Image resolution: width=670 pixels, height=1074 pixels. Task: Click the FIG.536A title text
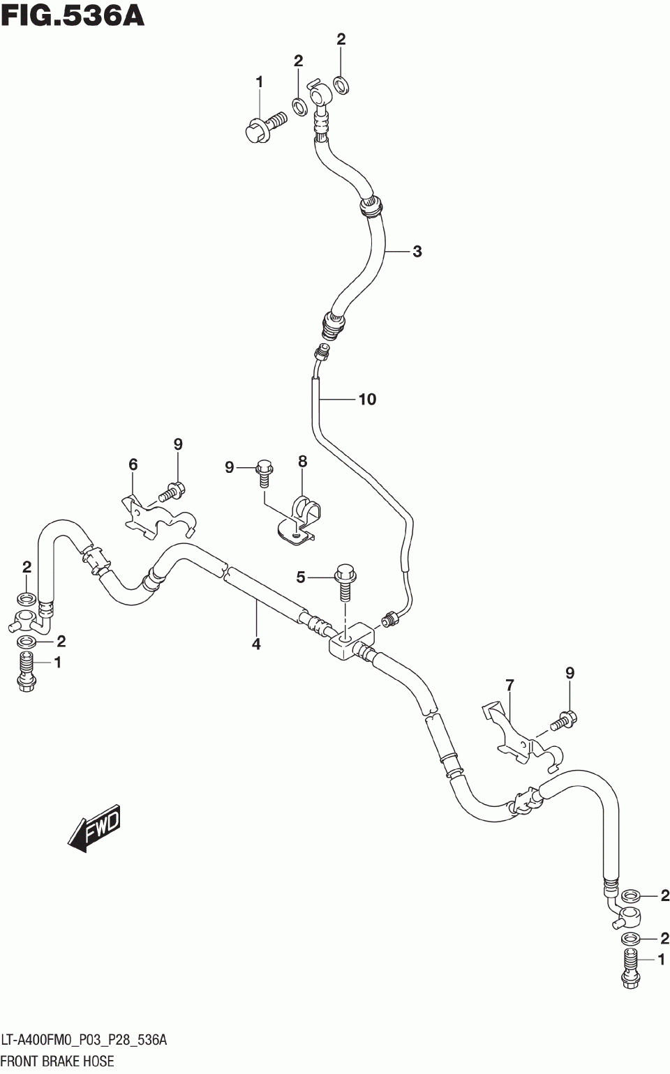pos(73,16)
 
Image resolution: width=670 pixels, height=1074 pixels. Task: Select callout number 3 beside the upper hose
pos(417,251)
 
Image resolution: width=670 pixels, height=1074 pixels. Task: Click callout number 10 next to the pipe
pos(368,399)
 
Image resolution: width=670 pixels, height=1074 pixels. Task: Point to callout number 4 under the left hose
pos(256,644)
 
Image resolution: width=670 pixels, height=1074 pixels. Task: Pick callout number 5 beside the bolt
pos(300,577)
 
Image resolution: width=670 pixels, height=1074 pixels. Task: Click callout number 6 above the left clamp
pos(133,464)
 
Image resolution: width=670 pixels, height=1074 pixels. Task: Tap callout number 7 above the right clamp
pos(509,685)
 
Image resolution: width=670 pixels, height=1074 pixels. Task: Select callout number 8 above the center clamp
pos(302,461)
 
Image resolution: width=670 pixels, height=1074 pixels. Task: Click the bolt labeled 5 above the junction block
pos(345,582)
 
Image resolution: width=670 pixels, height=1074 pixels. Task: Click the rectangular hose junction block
pos(352,642)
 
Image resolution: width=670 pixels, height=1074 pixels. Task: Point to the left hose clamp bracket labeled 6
pos(158,519)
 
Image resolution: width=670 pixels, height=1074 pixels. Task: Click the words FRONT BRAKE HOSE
pos(58,1061)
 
